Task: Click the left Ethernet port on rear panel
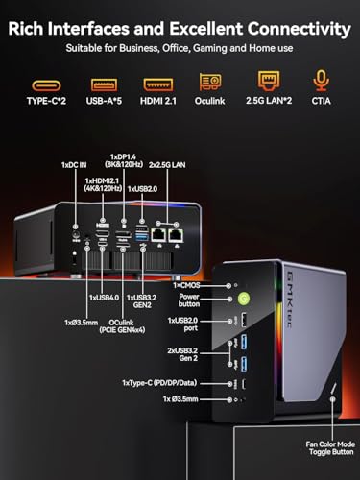pos(157,234)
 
